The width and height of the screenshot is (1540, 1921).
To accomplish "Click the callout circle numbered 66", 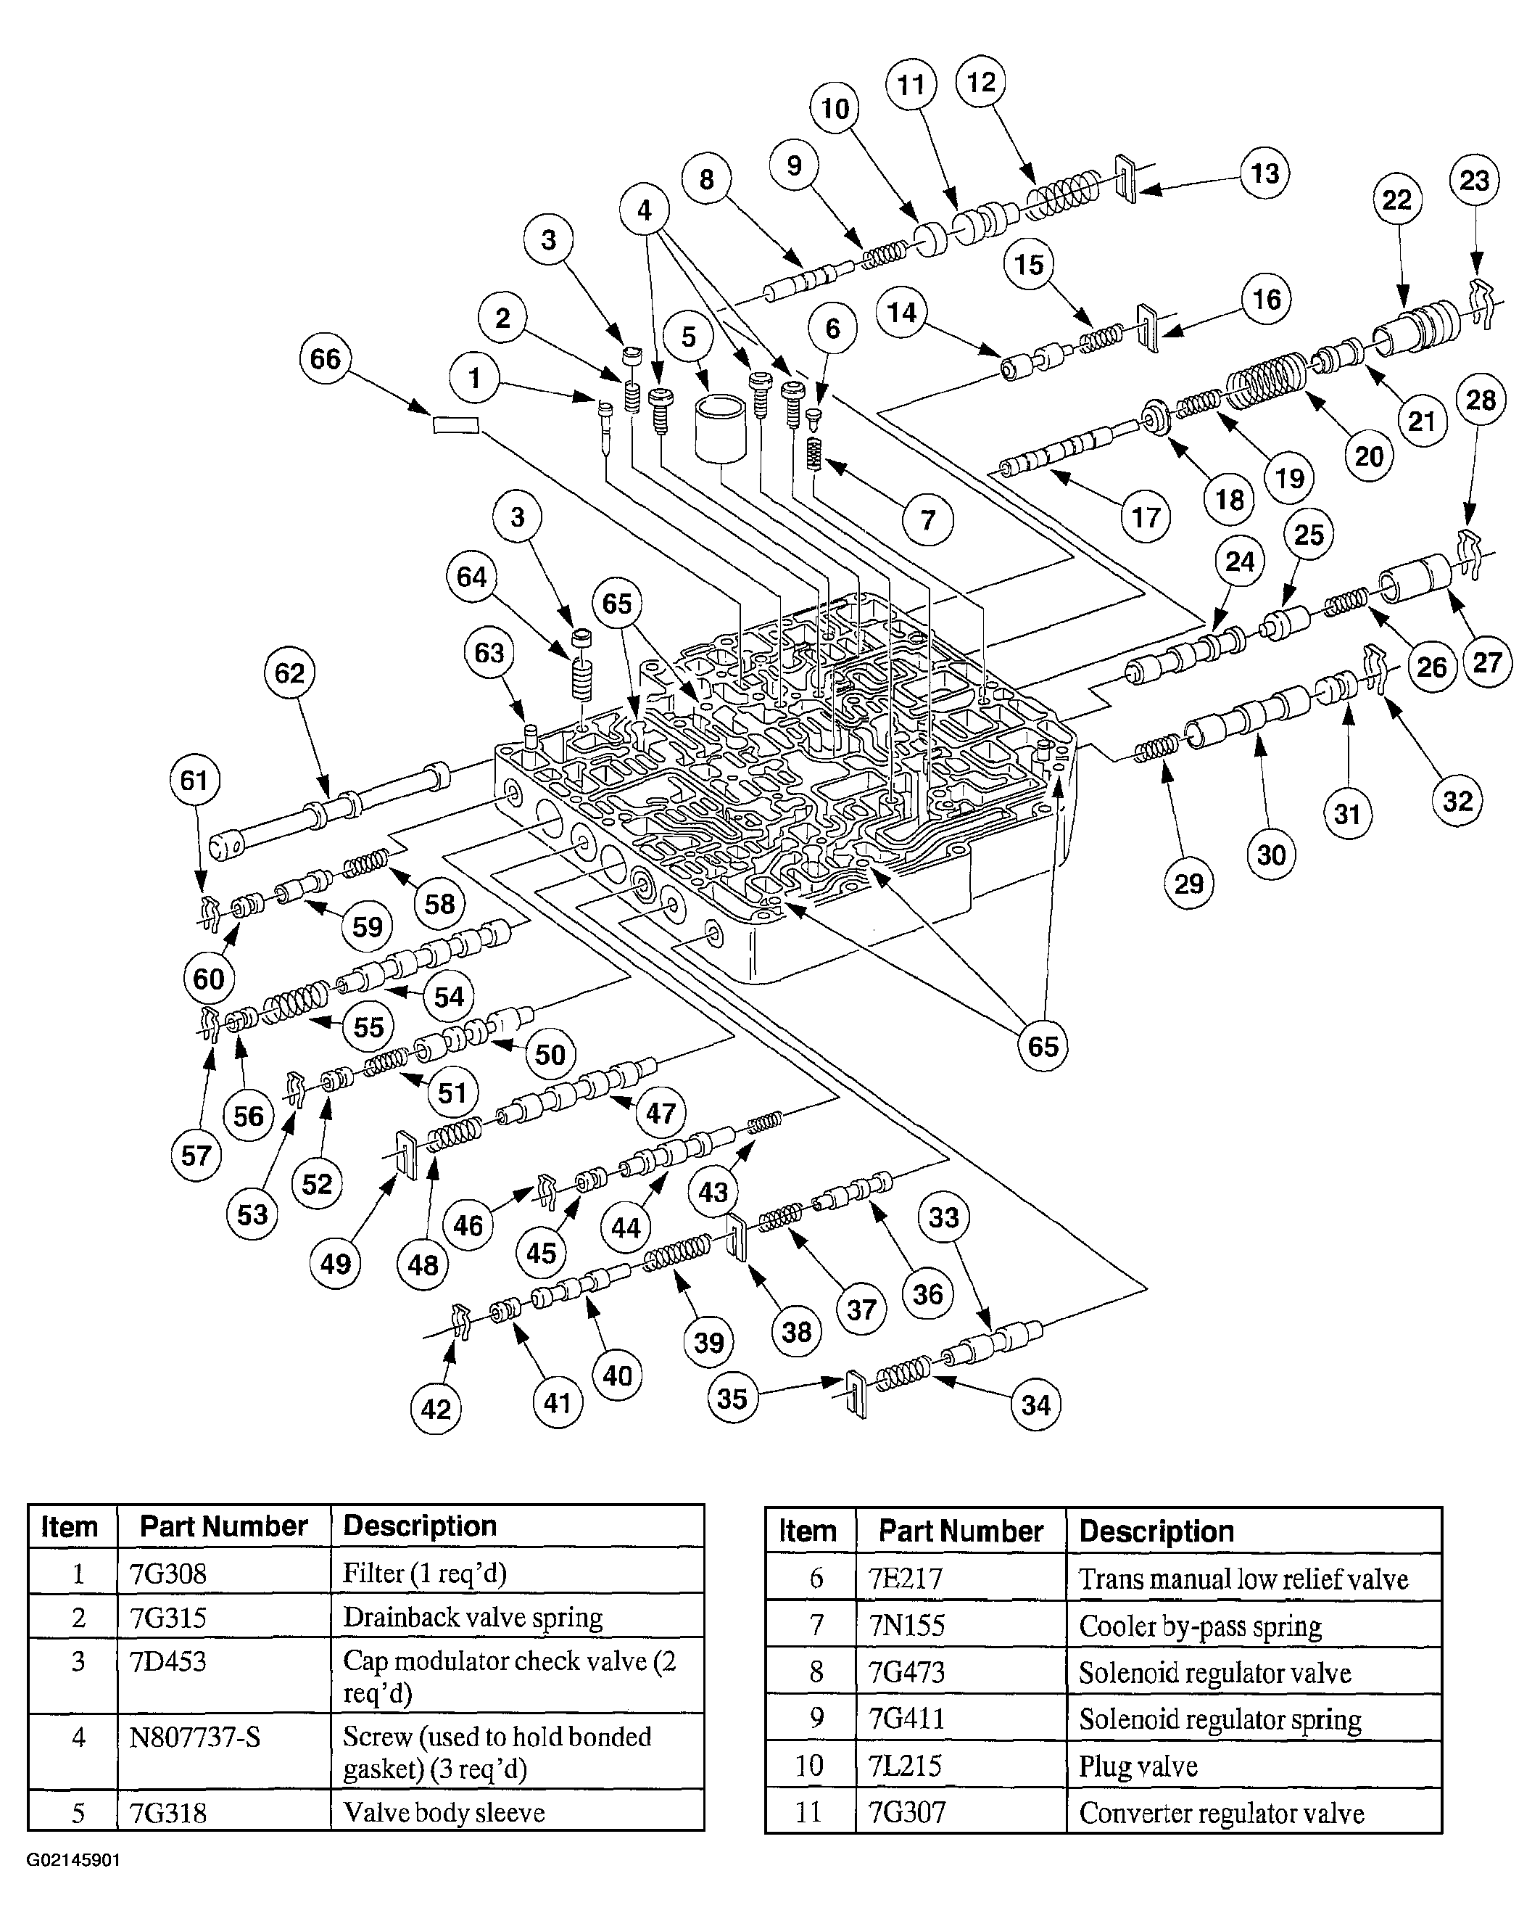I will [x=325, y=358].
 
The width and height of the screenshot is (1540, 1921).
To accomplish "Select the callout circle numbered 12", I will [x=981, y=82].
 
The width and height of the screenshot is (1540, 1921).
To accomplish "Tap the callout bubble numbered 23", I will [x=1474, y=181].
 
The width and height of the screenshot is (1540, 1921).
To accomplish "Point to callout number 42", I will [x=436, y=1409].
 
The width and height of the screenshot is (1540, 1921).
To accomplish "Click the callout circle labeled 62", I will [x=289, y=672].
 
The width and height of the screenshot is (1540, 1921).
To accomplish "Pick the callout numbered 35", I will [x=732, y=1397].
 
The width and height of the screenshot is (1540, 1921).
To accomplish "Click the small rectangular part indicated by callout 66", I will [x=455, y=425].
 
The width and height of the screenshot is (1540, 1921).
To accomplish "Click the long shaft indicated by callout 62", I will [x=330, y=813].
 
